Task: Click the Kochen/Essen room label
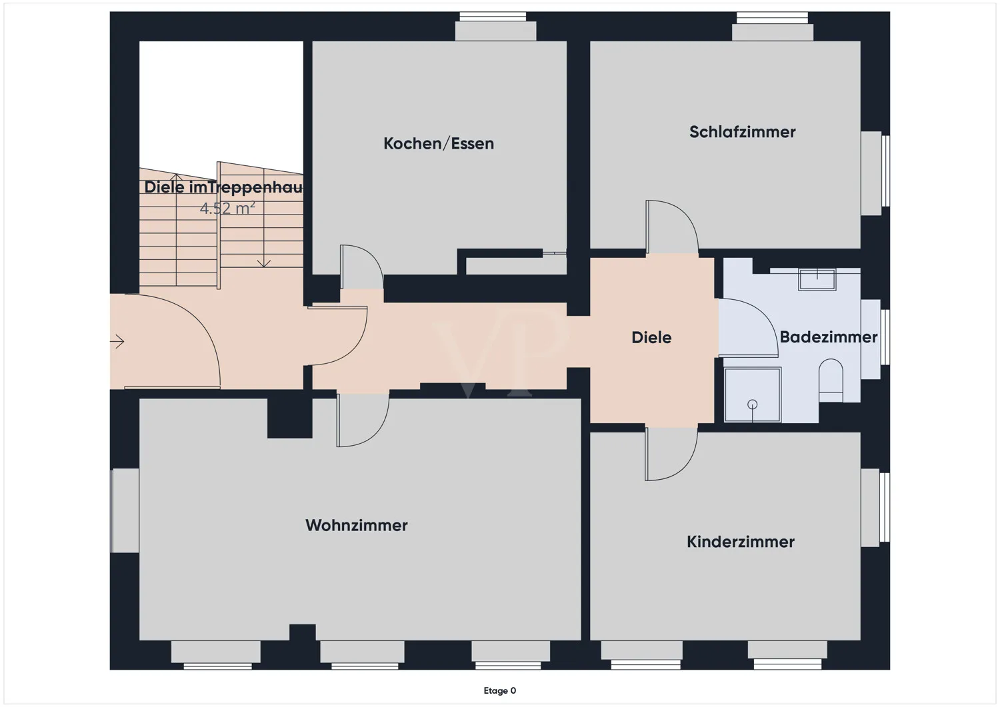[439, 144]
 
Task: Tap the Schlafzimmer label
[742, 132]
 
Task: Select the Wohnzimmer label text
[357, 526]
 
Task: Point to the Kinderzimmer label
[741, 542]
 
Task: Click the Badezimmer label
[828, 337]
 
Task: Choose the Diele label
[651, 338]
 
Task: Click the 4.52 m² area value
[227, 209]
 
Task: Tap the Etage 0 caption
[500, 691]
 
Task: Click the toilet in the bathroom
[830, 381]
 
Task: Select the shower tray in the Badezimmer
[753, 395]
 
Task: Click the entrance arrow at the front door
[118, 342]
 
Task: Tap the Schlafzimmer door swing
[670, 227]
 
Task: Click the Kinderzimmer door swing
[669, 454]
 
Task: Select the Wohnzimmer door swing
[361, 420]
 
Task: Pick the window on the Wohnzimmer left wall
[125, 510]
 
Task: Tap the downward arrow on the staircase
[264, 263]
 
